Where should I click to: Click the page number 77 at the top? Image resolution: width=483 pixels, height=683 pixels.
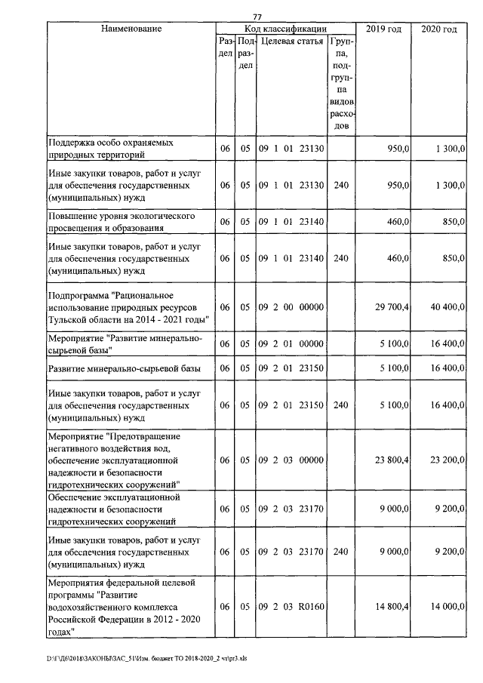(257, 17)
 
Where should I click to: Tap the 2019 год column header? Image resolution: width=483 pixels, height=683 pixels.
(383, 29)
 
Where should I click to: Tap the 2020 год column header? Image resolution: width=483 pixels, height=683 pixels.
(438, 29)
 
